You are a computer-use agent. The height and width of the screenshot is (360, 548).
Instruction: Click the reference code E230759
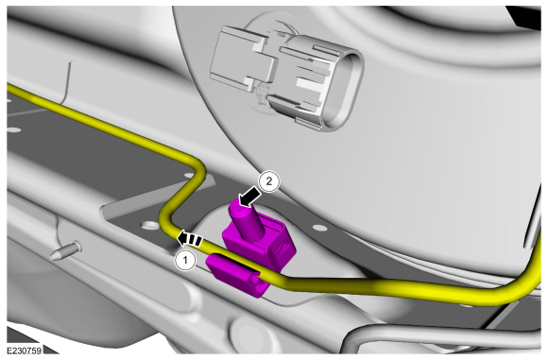pos(26,349)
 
